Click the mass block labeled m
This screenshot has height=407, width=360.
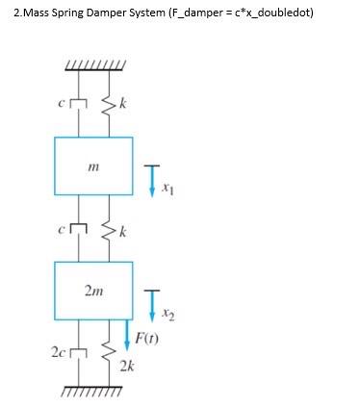(x=93, y=169)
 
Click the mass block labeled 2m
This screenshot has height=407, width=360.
(x=93, y=290)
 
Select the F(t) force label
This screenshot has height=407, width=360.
(x=147, y=339)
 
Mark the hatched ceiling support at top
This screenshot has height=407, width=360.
(x=92, y=66)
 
